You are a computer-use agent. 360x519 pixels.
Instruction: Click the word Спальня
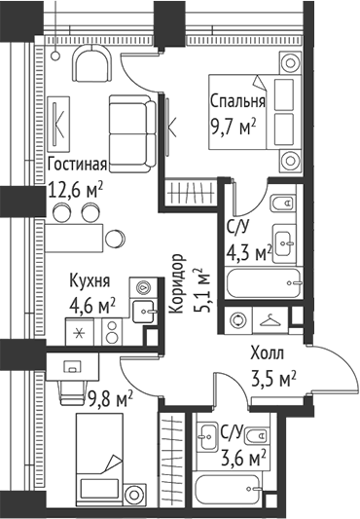[x=237, y=102]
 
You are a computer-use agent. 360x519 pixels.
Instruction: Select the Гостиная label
[x=75, y=165]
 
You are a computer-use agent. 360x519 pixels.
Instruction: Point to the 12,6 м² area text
[x=75, y=187]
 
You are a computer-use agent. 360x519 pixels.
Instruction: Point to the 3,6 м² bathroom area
[x=243, y=456]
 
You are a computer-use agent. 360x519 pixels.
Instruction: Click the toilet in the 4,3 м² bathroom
[x=279, y=205]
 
